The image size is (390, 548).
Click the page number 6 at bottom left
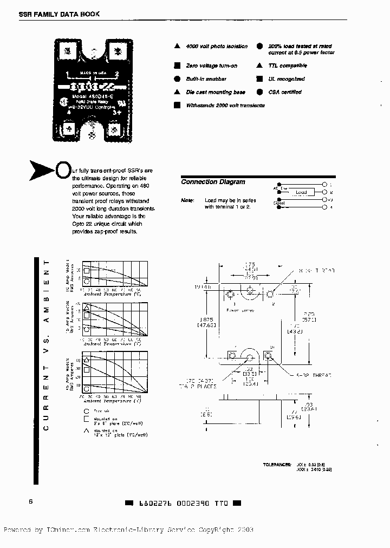[31, 501]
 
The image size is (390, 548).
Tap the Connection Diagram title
[213, 182]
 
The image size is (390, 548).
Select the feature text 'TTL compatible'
[287, 66]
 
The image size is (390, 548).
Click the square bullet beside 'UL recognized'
[260, 79]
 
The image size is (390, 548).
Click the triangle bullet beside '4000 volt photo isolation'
[177, 47]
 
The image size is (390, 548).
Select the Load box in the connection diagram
[301, 192]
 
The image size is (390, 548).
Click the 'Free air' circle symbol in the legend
[85, 412]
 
